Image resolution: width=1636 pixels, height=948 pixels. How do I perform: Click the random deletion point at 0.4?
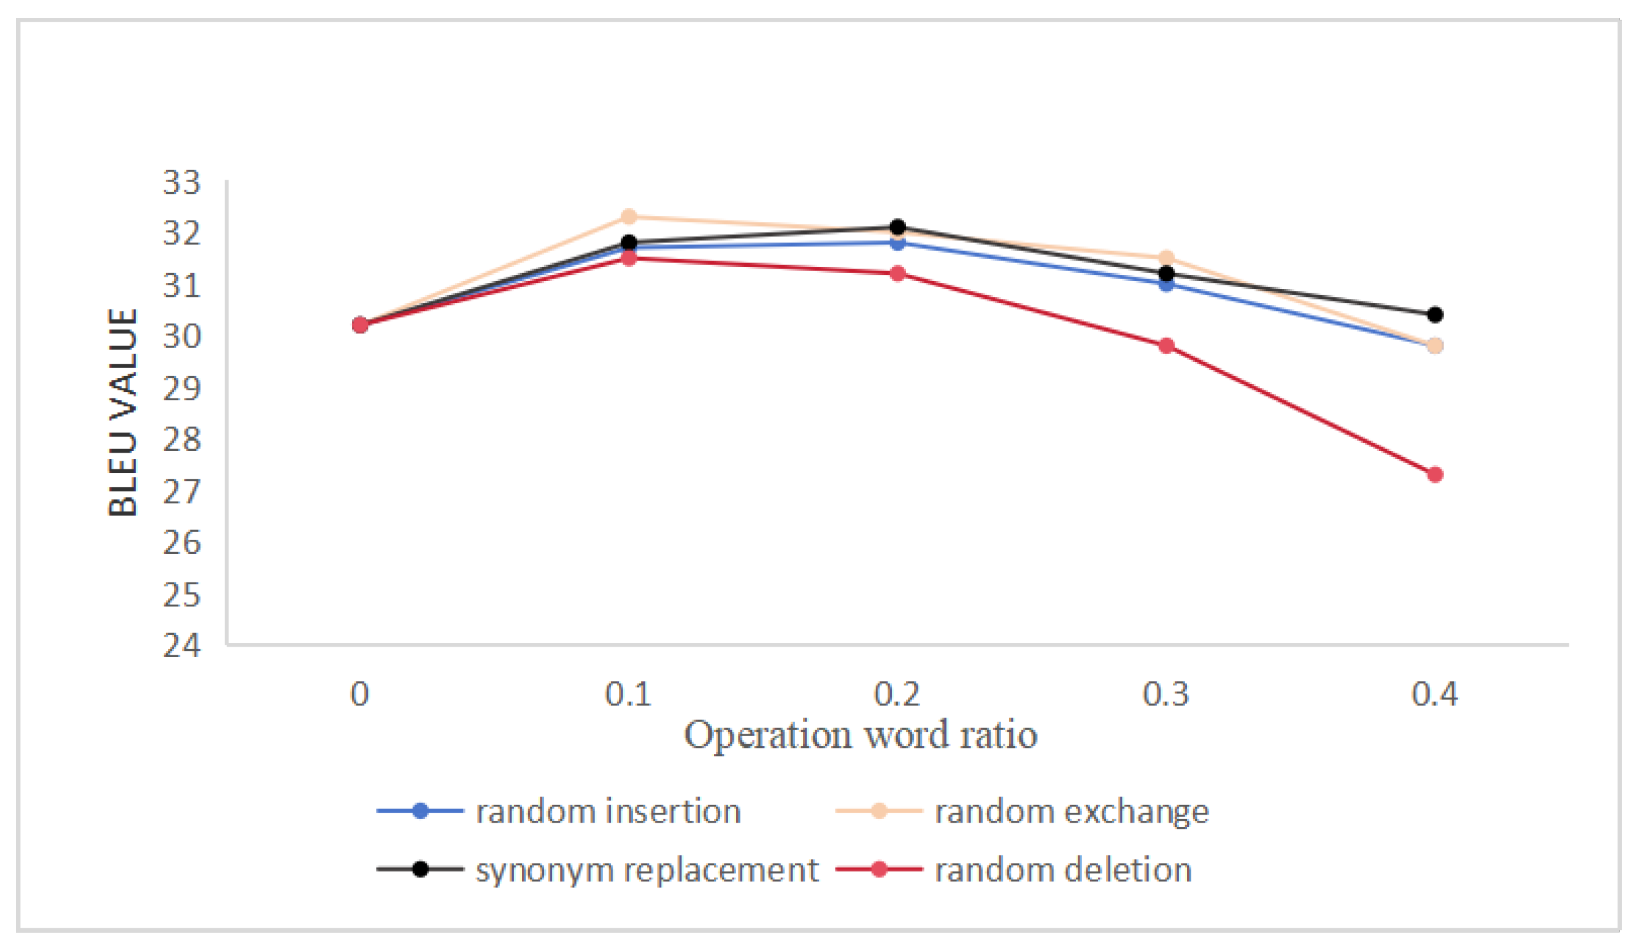[x=1435, y=475]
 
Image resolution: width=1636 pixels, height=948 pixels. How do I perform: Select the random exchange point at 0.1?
[x=629, y=216]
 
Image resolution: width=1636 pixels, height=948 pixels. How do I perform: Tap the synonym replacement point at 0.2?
[x=898, y=227]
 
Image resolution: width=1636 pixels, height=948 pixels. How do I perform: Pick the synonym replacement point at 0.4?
[x=1435, y=315]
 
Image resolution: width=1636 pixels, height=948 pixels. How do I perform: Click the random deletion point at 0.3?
[x=1167, y=345]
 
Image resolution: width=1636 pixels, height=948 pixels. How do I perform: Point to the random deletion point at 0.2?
[x=898, y=274]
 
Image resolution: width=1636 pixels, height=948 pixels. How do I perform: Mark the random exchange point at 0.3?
[x=1167, y=258]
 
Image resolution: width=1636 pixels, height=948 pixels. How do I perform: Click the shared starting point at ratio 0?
[x=360, y=325]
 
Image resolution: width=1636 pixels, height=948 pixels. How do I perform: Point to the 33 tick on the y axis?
[x=182, y=182]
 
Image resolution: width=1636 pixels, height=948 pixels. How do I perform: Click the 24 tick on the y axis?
[x=182, y=645]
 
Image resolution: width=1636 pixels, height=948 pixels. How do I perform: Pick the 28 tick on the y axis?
[x=182, y=440]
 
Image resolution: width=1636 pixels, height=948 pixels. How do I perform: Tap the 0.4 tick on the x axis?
[x=1435, y=694]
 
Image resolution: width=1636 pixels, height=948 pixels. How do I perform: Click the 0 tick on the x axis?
[x=359, y=694]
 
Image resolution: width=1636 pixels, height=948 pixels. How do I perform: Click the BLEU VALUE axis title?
[x=124, y=413]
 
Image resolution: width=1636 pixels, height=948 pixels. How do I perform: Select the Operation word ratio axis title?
[x=861, y=736]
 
